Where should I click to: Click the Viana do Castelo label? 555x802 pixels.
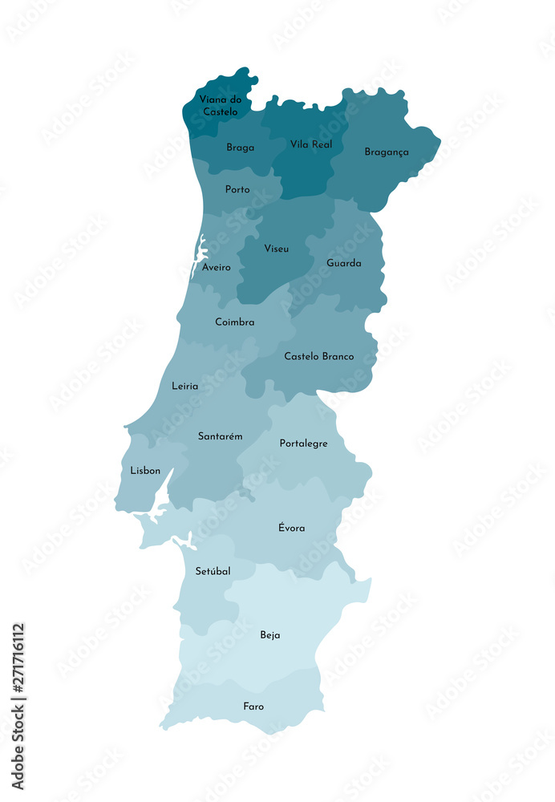(220, 105)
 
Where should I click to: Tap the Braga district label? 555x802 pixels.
(240, 148)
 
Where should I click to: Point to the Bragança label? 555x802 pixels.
(387, 152)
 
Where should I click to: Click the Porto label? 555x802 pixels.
(237, 190)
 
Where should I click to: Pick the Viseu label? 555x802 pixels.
(277, 249)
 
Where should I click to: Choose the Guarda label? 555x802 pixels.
(344, 263)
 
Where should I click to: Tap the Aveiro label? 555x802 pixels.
(217, 267)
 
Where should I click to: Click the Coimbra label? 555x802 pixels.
(235, 322)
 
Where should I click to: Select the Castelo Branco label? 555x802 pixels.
(319, 356)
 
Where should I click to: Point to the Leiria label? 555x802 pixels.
(184, 386)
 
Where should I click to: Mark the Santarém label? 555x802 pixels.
(221, 436)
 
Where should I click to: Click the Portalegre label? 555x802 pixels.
(303, 444)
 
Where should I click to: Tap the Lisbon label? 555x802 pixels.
(145, 471)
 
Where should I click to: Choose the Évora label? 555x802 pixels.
(291, 528)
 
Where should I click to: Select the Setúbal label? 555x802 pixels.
(213, 571)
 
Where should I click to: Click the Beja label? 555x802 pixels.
(270, 635)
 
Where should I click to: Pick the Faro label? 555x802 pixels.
(253, 707)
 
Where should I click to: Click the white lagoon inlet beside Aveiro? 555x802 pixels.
(198, 255)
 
